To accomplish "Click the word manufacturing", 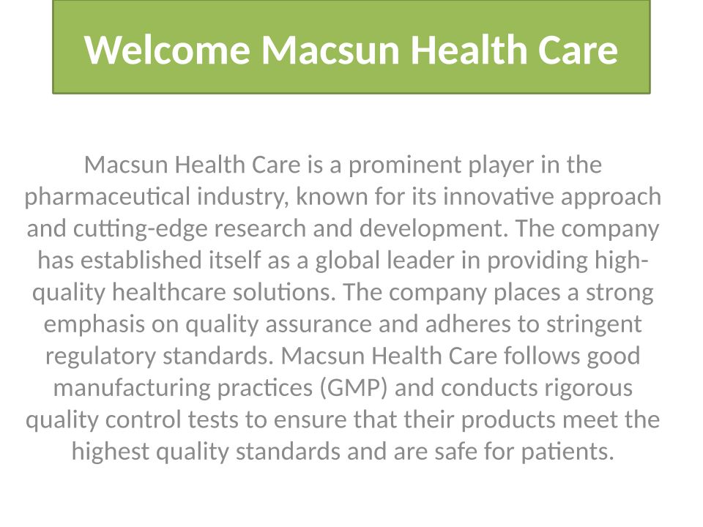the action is [132, 389].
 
